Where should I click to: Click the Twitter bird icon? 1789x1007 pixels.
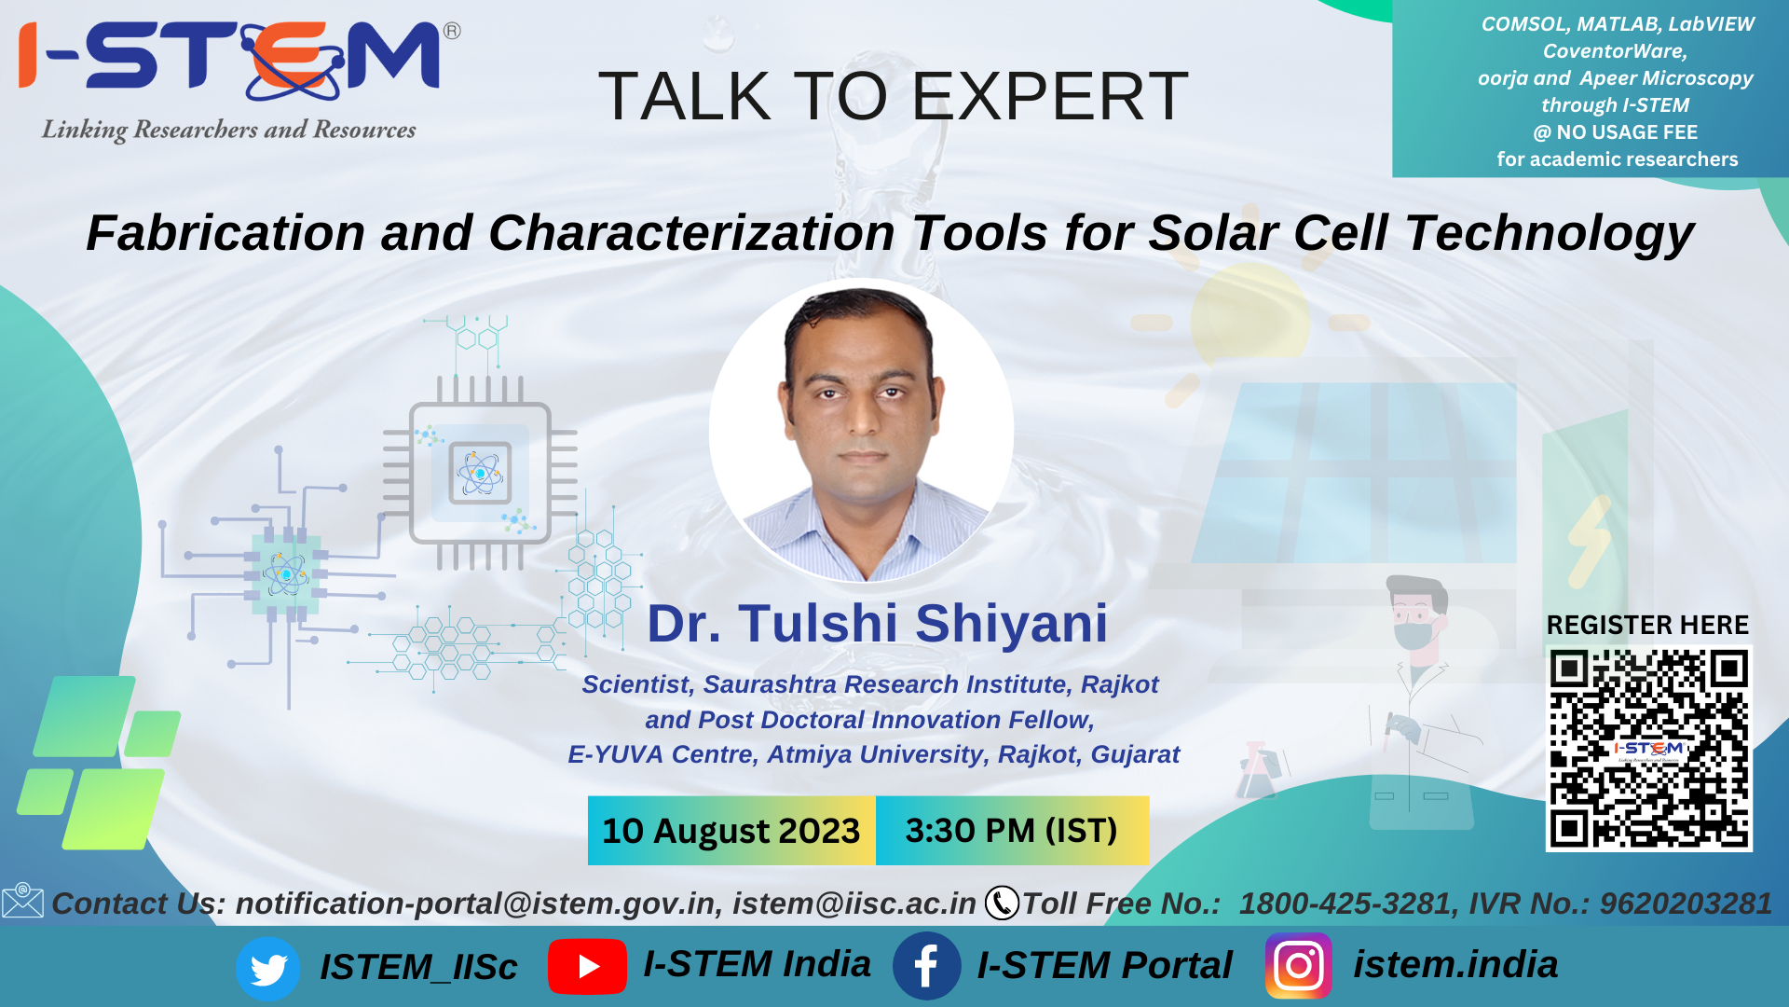click(x=268, y=969)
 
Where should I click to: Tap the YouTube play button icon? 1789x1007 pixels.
click(x=587, y=967)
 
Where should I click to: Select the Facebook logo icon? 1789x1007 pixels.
click(x=926, y=966)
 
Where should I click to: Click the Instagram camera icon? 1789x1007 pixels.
click(x=1299, y=966)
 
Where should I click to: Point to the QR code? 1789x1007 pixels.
click(x=1648, y=748)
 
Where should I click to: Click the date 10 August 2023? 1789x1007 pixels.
click(x=731, y=831)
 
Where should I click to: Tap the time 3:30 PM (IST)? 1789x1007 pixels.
click(x=1012, y=831)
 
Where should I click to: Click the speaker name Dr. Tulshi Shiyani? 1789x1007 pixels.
click(x=878, y=623)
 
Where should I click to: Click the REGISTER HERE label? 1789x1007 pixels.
click(x=1647, y=625)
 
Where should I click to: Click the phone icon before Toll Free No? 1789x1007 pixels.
click(x=1002, y=903)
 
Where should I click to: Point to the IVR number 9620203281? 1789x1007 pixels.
click(x=1686, y=904)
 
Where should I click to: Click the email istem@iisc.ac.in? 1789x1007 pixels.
click(x=854, y=904)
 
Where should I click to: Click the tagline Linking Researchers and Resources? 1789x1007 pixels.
click(x=228, y=130)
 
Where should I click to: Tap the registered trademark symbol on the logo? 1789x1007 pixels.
click(x=452, y=31)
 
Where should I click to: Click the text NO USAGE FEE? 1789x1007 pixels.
click(x=1627, y=132)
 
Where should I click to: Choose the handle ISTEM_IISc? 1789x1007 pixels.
click(x=418, y=968)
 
